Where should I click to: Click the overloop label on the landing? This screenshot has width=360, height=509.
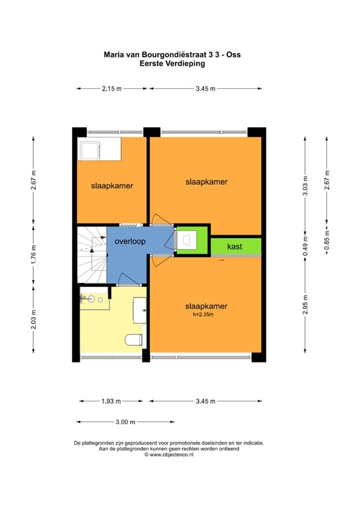(130, 242)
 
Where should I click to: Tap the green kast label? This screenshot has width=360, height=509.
(235, 247)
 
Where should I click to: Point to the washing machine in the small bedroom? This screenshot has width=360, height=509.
(90, 150)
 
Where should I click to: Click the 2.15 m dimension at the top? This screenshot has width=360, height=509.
(112, 89)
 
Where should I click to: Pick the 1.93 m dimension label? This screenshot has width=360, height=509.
(111, 401)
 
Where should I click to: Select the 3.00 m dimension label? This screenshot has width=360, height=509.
(125, 422)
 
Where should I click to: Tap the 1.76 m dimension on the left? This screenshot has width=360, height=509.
(33, 254)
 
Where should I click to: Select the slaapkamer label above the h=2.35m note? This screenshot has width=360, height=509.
(206, 306)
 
